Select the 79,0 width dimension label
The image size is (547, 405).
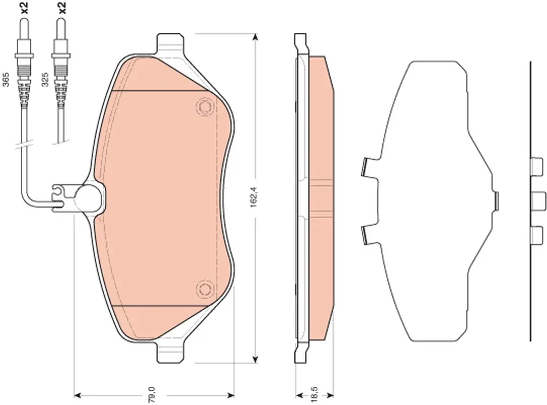tap(152, 395)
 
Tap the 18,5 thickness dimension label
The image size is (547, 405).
tap(313, 394)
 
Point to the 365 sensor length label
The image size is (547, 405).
tap(6, 79)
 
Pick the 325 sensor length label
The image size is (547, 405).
tap(44, 79)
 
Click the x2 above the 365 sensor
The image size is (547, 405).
tap(24, 7)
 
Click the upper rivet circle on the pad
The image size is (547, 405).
tap(205, 107)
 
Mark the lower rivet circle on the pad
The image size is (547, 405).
tap(205, 290)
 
